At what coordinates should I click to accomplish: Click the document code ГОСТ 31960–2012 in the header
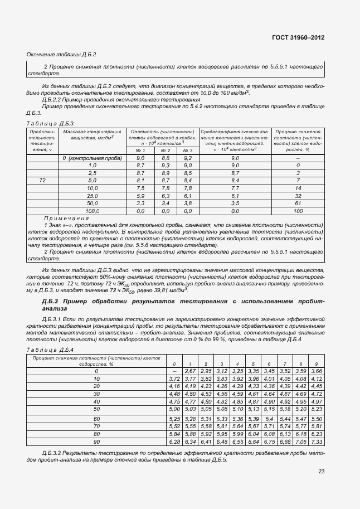(298, 37)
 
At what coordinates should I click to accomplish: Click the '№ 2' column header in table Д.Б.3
(165, 150)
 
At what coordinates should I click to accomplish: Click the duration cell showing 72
(42, 181)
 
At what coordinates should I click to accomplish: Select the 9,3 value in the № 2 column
(165, 166)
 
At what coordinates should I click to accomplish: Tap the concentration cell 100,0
(92, 211)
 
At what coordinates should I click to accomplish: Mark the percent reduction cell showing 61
(298, 203)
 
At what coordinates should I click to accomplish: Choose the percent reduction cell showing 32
(298, 196)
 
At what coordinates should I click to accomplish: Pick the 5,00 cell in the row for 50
(174, 409)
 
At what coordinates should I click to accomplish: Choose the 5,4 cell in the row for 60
(269, 418)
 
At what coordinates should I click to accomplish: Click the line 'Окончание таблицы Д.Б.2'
(62, 55)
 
